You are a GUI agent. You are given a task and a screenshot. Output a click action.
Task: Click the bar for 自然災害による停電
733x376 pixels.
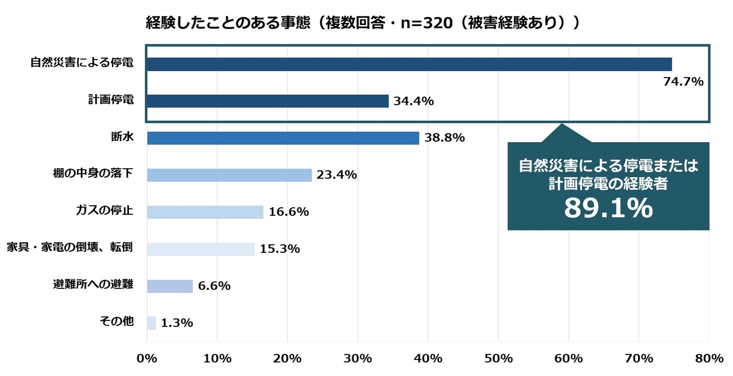pyautogui.click(x=409, y=64)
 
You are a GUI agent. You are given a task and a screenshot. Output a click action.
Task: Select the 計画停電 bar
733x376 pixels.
pyautogui.click(x=268, y=101)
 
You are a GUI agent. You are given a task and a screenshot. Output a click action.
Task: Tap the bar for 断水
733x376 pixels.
pyautogui.click(x=283, y=138)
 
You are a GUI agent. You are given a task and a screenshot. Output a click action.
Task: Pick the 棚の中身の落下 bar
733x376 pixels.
pyautogui.click(x=229, y=175)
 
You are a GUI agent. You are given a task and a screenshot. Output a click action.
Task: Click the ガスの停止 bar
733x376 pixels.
pyautogui.click(x=205, y=212)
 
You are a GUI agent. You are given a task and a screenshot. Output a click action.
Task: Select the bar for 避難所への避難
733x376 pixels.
pyautogui.click(x=170, y=286)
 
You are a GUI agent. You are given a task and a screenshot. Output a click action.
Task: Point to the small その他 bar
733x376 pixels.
pyautogui.click(x=151, y=323)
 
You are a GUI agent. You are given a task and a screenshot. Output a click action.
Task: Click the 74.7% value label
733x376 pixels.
pyautogui.click(x=683, y=81)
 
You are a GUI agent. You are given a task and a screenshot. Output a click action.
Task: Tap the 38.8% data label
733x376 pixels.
pyautogui.click(x=444, y=138)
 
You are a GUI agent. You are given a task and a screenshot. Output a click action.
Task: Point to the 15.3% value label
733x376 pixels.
pyautogui.click(x=280, y=249)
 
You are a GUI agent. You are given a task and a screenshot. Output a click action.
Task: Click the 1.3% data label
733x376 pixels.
pyautogui.click(x=177, y=323)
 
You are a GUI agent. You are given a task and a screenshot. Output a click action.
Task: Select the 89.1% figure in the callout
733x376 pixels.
pyautogui.click(x=608, y=208)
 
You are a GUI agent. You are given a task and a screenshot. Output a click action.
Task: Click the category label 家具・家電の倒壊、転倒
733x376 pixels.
pyautogui.click(x=70, y=247)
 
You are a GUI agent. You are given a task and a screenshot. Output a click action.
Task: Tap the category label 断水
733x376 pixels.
pyautogui.click(x=122, y=137)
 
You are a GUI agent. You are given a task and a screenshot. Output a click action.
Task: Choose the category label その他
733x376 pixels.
pyautogui.click(x=117, y=321)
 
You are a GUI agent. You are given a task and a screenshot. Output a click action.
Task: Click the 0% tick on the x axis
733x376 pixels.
pyautogui.click(x=147, y=358)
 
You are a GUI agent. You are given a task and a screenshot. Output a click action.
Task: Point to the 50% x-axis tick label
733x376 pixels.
pyautogui.click(x=498, y=358)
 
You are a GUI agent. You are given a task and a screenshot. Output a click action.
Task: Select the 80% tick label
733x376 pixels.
pyautogui.click(x=709, y=358)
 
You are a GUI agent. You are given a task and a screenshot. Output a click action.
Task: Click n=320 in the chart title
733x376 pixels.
pyautogui.click(x=427, y=23)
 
